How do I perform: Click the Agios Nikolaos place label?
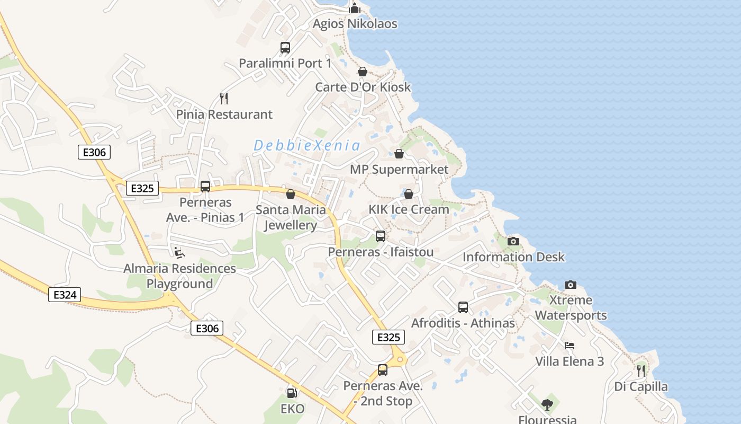tap(355, 24)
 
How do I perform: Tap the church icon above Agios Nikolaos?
tap(355, 8)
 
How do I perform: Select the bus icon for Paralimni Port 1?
tap(285, 48)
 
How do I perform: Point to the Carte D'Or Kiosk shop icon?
tap(363, 72)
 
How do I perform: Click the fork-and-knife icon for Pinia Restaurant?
tap(224, 98)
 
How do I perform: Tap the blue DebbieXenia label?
tap(307, 145)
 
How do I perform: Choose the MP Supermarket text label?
tap(399, 170)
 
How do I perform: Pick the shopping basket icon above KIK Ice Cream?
tap(409, 194)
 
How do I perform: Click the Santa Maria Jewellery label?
tap(291, 217)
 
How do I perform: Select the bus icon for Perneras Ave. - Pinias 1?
tap(205, 187)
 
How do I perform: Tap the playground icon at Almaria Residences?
tap(179, 252)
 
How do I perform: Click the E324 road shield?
tap(65, 295)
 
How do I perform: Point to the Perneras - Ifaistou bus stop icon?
tap(381, 236)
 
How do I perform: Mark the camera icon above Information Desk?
tap(513, 242)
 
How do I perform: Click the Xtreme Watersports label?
tap(571, 307)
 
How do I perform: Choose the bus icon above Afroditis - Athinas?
tap(463, 307)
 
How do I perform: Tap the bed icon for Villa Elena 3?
tap(570, 346)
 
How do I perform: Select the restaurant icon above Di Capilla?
tap(641, 370)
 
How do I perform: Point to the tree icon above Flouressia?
tap(547, 405)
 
